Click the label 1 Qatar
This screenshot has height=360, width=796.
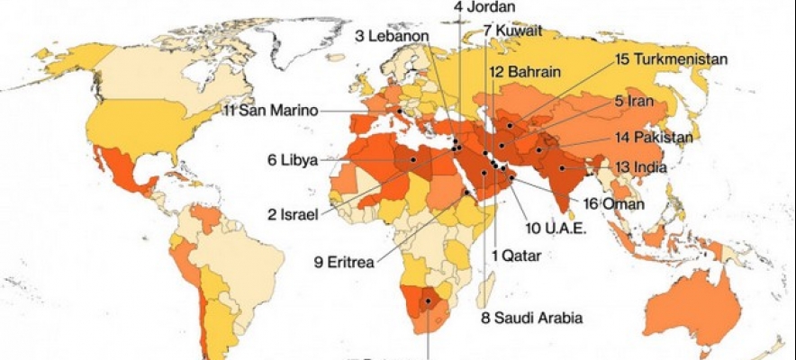tap(516, 255)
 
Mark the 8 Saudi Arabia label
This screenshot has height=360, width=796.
tap(531, 317)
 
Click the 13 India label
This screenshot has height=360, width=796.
tap(640, 167)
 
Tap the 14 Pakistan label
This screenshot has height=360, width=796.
tap(654, 138)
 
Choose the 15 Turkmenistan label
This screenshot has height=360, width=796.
tap(672, 59)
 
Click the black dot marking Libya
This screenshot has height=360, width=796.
tap(412, 159)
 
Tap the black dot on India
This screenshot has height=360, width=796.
tap(562, 168)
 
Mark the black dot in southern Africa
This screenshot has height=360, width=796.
tap(429, 301)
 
